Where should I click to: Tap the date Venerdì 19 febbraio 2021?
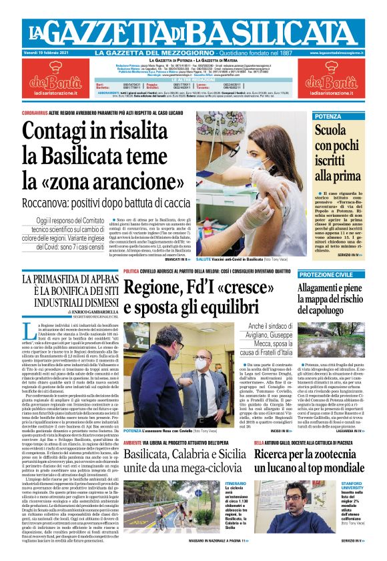tap(55, 53)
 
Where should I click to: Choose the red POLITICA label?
tap(131, 271)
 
